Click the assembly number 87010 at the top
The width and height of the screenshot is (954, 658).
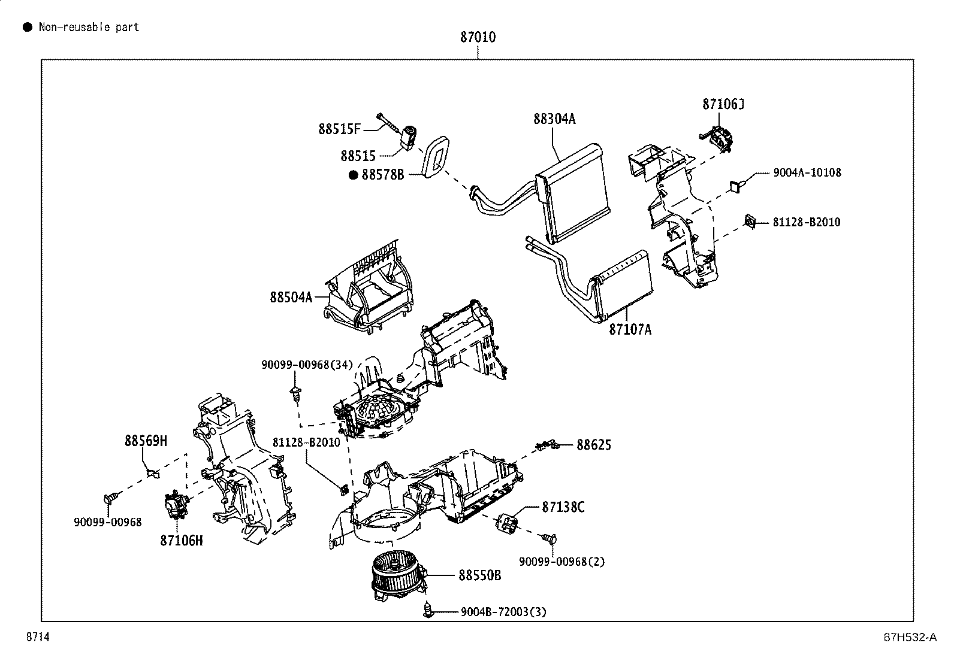[478, 37]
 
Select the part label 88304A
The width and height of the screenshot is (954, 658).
[554, 119]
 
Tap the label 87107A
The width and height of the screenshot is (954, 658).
[630, 329]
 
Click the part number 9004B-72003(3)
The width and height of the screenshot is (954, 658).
[503, 612]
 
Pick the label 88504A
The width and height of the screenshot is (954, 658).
[291, 297]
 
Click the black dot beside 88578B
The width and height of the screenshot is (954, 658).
[353, 175]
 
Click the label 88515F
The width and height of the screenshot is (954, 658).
[339, 129]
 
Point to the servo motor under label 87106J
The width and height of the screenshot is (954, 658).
[718, 138]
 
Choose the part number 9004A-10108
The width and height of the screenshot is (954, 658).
[807, 172]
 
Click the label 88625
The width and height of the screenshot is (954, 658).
[594, 445]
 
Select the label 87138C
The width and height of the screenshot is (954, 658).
[563, 507]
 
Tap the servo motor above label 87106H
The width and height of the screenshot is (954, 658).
[177, 505]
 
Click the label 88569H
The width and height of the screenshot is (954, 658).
[146, 441]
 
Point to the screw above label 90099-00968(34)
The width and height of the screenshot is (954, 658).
[295, 394]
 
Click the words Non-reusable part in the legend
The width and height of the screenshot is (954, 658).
[89, 27]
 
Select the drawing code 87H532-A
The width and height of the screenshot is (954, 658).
[910, 637]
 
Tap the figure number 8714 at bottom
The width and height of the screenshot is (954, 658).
[38, 636]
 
